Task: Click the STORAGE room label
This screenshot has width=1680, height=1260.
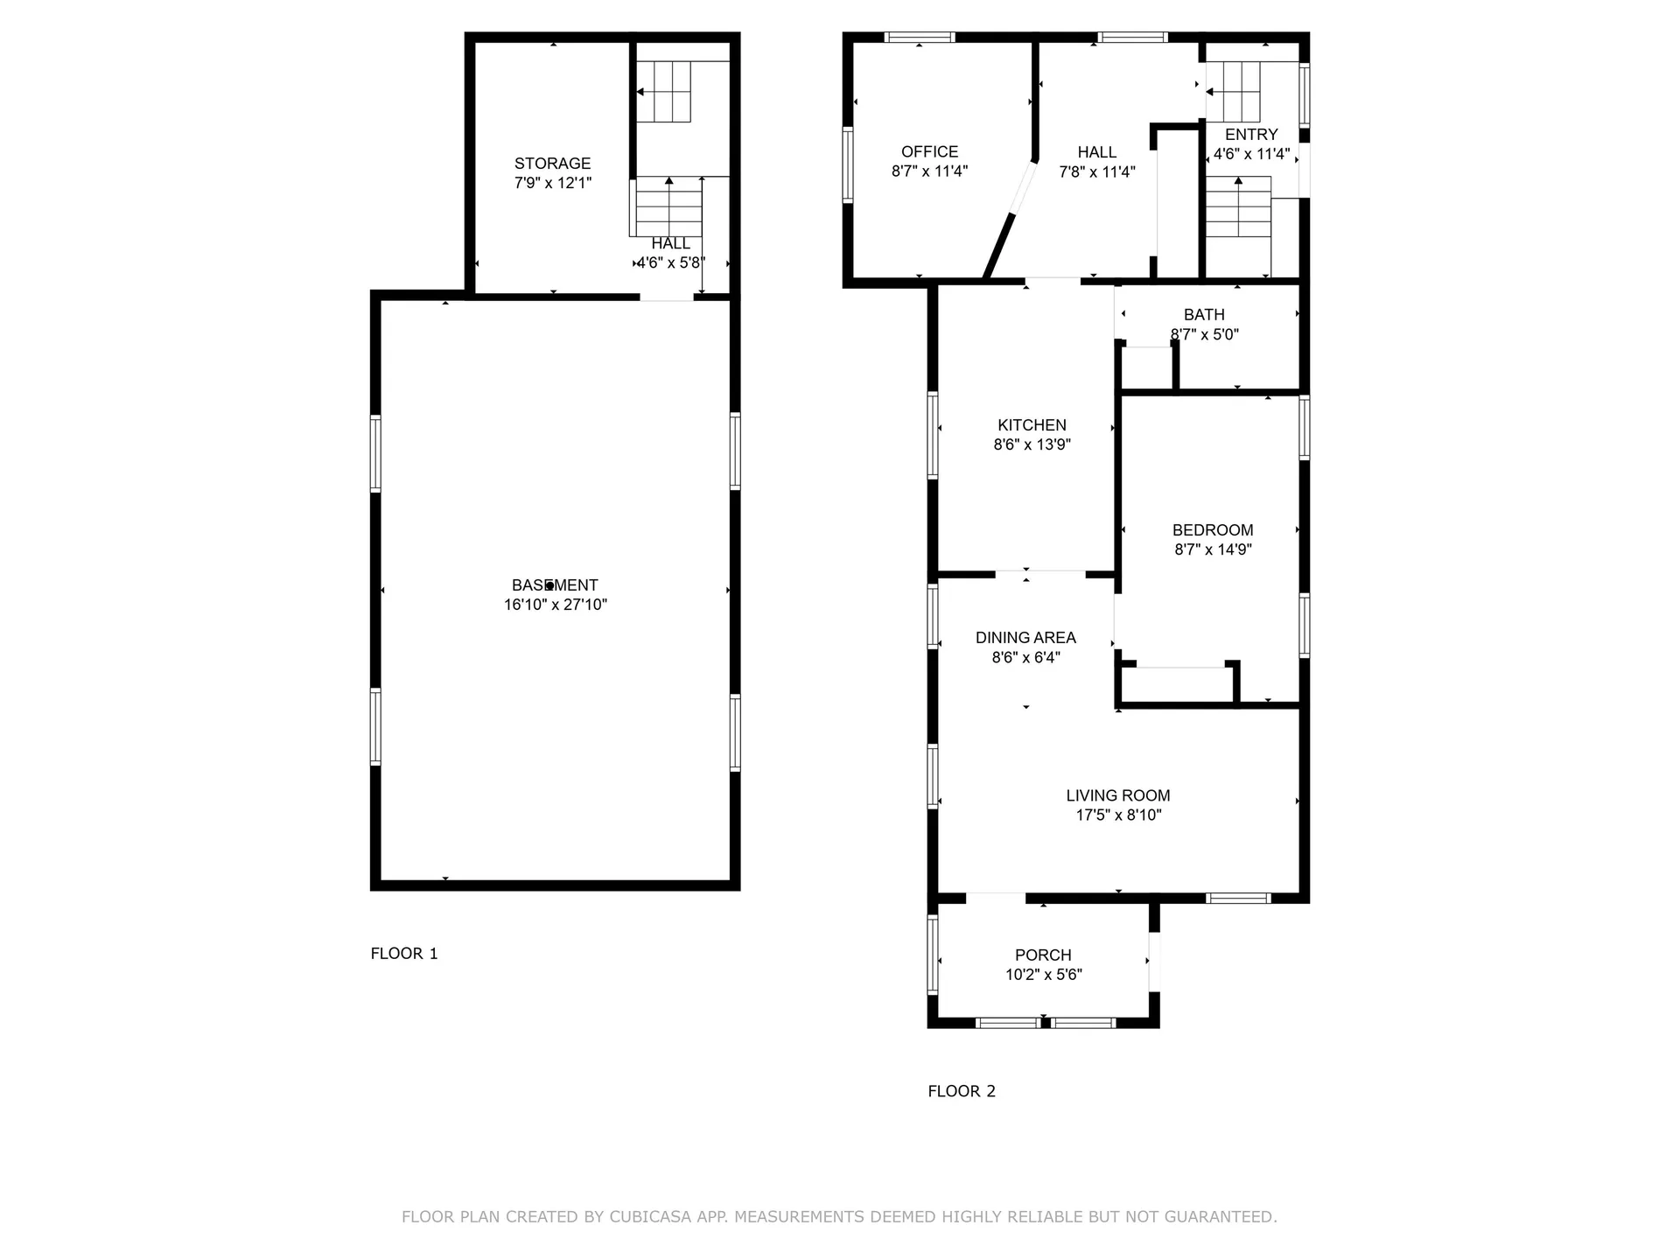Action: click(x=552, y=164)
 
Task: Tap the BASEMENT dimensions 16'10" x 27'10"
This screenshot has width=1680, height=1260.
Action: click(x=555, y=605)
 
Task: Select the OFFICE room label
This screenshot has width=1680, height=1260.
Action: click(x=929, y=151)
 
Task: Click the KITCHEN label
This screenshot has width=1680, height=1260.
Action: click(x=1032, y=425)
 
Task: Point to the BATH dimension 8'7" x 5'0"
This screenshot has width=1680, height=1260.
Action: click(x=1204, y=334)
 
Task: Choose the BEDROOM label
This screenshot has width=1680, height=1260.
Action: click(x=1213, y=530)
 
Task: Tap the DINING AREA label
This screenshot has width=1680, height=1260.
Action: click(x=1025, y=638)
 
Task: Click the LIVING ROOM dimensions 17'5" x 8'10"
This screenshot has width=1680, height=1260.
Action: click(x=1118, y=815)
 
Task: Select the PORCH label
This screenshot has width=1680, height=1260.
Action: click(x=1043, y=955)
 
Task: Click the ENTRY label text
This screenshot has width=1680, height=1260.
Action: click(x=1251, y=135)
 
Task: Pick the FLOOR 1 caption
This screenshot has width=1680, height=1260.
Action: click(x=404, y=954)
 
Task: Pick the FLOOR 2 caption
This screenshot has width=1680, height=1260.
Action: click(x=962, y=1091)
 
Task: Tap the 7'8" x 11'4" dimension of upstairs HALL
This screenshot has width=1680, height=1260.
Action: click(x=1096, y=172)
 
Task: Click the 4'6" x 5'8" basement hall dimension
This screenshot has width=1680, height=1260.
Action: click(x=670, y=262)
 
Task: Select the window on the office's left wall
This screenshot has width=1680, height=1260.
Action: click(x=847, y=165)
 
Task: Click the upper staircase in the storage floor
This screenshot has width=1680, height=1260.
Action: click(x=664, y=92)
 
